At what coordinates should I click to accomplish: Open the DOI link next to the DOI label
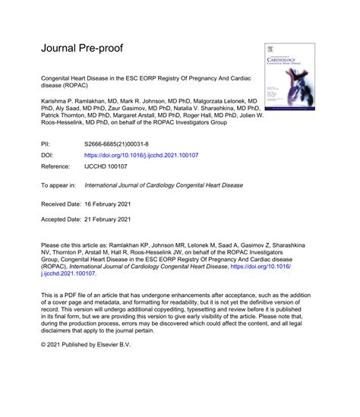point(141,154)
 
